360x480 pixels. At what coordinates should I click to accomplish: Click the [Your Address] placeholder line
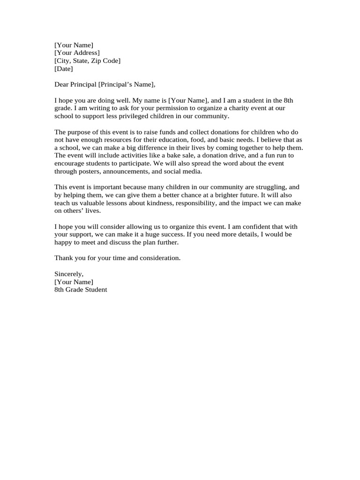click(77, 53)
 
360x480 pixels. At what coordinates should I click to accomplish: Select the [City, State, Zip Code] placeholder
click(87, 61)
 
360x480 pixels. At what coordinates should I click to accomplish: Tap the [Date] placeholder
click(64, 69)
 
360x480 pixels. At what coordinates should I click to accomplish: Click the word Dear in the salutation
click(62, 85)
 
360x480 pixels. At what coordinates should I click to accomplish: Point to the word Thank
click(63, 258)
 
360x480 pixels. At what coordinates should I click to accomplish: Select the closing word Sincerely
click(69, 274)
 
